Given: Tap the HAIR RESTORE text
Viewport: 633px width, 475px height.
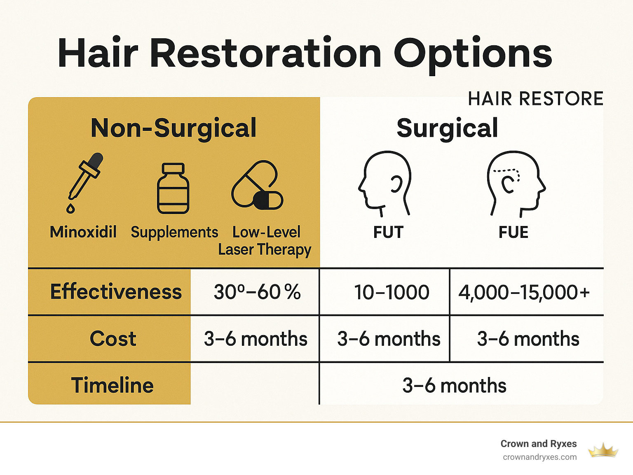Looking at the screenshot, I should [535, 99].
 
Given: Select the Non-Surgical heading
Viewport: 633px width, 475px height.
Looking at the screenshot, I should [173, 128].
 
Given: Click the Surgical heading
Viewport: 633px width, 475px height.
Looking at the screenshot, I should [447, 128].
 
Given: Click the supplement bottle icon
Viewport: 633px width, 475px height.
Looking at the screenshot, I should [173, 189].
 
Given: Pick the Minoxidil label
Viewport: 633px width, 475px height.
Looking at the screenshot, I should [83, 232].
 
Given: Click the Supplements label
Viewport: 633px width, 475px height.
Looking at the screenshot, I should [174, 233].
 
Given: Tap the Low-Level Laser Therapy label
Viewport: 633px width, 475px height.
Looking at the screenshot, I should [265, 241].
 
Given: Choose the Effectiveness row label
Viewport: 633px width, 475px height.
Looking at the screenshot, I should [116, 292].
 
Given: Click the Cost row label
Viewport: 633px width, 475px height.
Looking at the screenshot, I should [113, 339].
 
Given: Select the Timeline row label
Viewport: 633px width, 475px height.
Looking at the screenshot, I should [112, 385].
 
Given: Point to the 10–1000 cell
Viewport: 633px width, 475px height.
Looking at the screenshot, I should [392, 292].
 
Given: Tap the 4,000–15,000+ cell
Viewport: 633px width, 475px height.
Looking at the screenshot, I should [524, 292].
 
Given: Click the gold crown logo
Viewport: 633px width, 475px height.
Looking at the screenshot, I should [603, 450].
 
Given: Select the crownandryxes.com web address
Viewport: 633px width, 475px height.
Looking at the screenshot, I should [539, 457].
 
